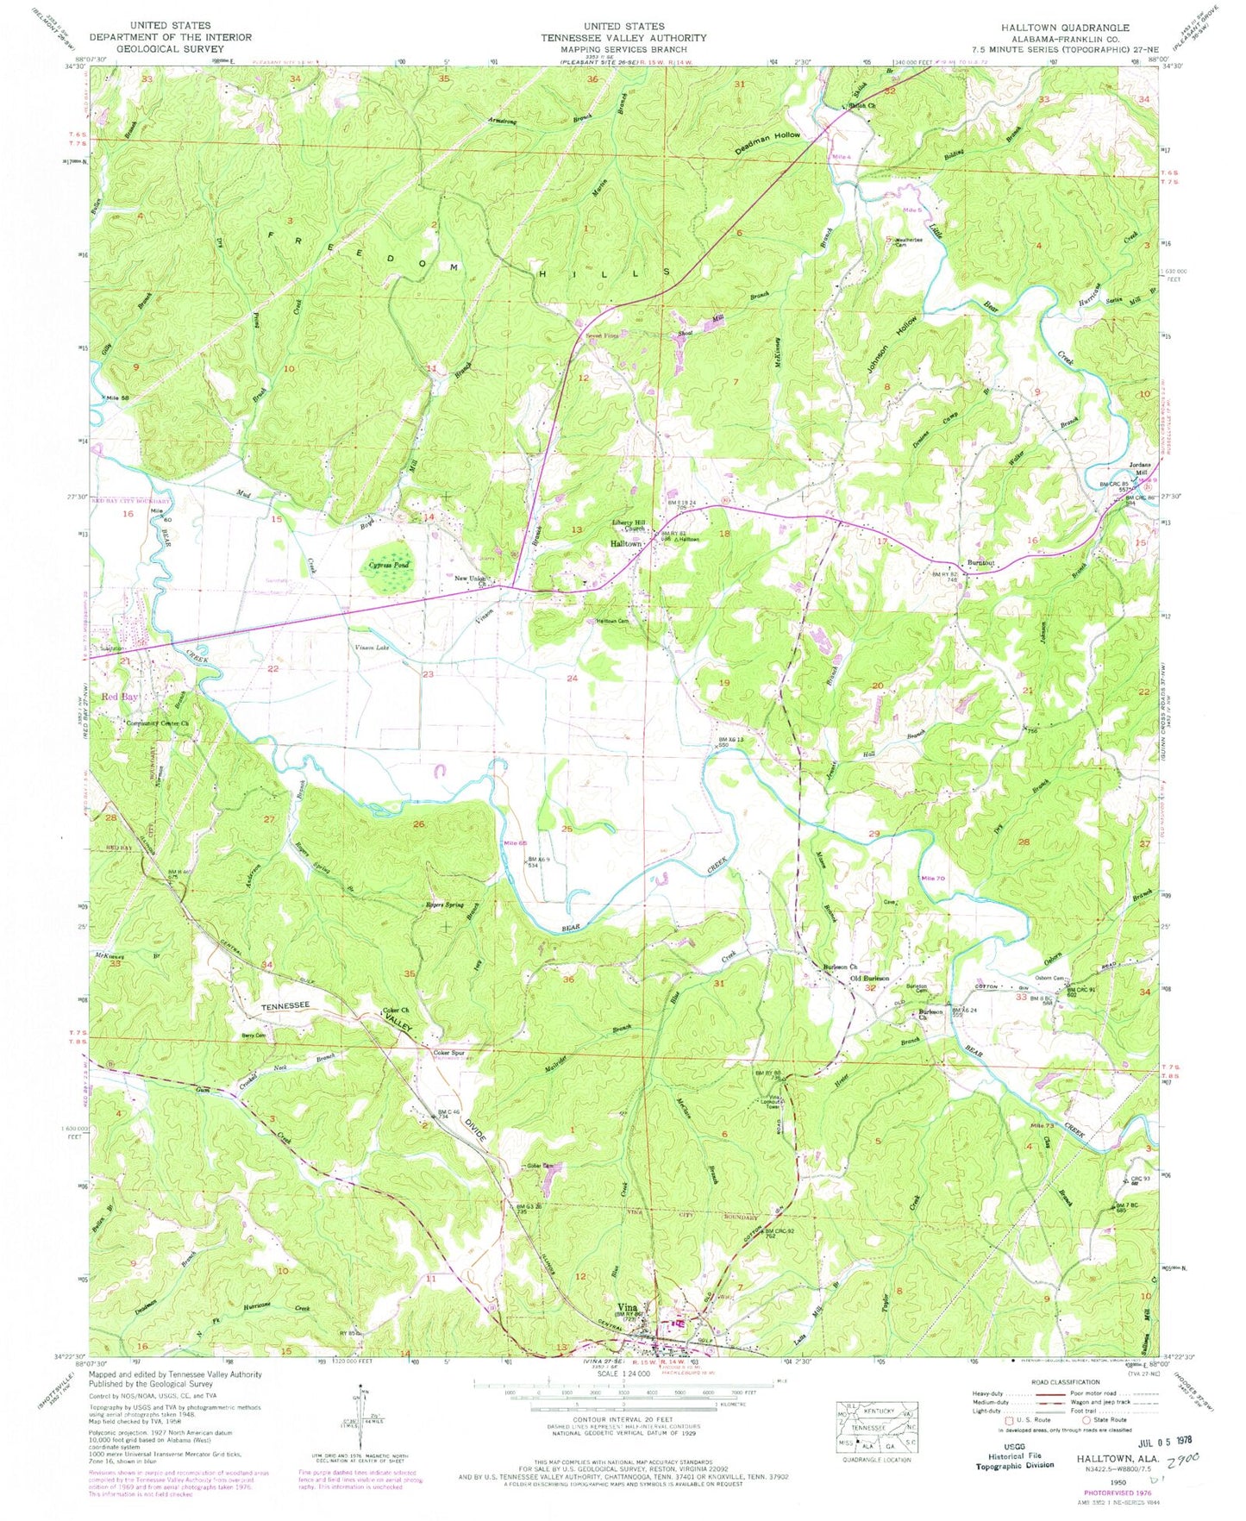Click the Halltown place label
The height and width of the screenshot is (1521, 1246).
(x=627, y=545)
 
